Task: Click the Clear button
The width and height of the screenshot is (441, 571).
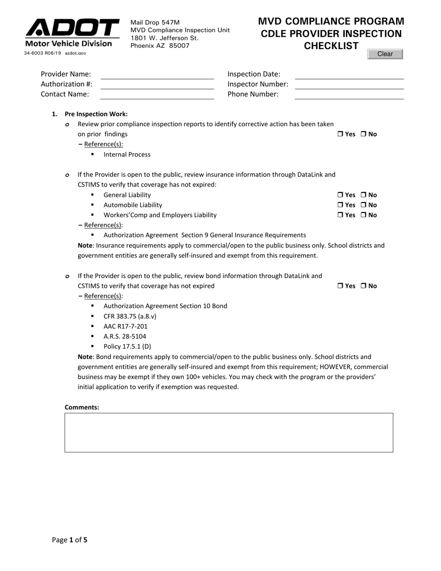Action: click(385, 54)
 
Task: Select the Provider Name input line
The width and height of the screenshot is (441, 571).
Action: click(157, 75)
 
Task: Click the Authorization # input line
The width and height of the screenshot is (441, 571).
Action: click(157, 84)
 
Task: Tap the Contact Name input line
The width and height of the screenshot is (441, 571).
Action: click(157, 95)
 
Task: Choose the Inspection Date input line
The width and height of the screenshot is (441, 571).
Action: click(349, 75)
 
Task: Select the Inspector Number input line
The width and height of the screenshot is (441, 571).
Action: click(349, 84)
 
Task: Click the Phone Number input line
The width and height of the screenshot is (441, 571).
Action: click(349, 95)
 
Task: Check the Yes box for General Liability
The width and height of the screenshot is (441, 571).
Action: click(340, 195)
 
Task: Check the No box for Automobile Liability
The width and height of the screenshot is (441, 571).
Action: click(364, 205)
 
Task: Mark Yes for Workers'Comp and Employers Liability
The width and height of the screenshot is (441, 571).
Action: click(340, 215)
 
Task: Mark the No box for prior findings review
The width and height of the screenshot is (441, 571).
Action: click(364, 134)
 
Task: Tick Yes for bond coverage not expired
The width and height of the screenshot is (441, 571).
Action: click(340, 286)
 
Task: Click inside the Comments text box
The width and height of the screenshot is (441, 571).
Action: click(228, 432)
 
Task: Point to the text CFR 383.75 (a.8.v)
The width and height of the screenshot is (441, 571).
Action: click(130, 316)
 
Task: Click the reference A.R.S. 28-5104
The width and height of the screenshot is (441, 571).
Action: click(125, 337)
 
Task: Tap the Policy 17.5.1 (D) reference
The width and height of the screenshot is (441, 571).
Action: click(127, 346)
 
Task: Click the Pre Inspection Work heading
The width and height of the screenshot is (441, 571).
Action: click(96, 114)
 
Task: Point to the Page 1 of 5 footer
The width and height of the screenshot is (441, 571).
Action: click(70, 540)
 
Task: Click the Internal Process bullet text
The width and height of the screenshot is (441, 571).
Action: click(127, 155)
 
